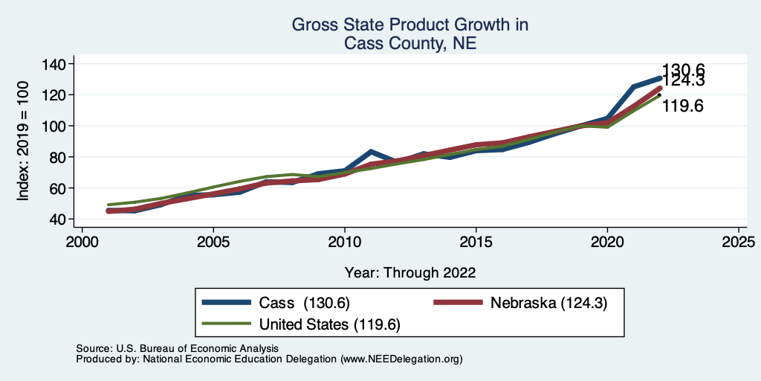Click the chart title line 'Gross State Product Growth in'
coord(409,25)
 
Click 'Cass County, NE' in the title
coord(409,44)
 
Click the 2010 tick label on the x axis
coord(345,243)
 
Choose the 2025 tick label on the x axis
coord(739,243)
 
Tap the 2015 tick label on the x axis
coord(476,243)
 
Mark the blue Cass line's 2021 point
coord(633,87)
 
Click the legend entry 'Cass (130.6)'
coord(304,303)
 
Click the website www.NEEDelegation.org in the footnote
coord(401,359)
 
